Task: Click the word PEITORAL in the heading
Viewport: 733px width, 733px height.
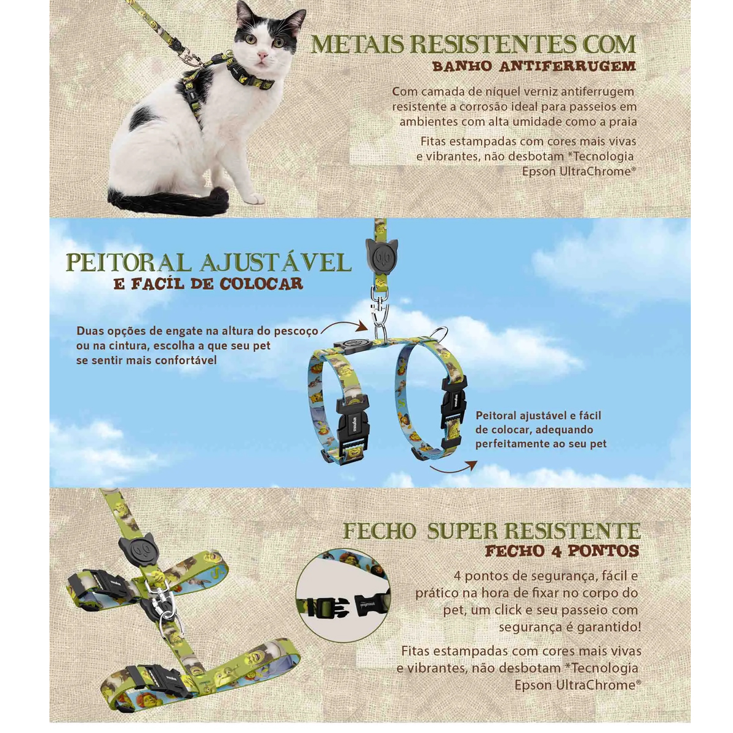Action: click(129, 263)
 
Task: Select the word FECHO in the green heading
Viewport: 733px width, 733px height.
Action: click(379, 531)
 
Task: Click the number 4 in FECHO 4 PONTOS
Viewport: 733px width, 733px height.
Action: click(556, 552)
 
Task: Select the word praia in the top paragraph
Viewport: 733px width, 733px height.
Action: click(621, 122)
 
